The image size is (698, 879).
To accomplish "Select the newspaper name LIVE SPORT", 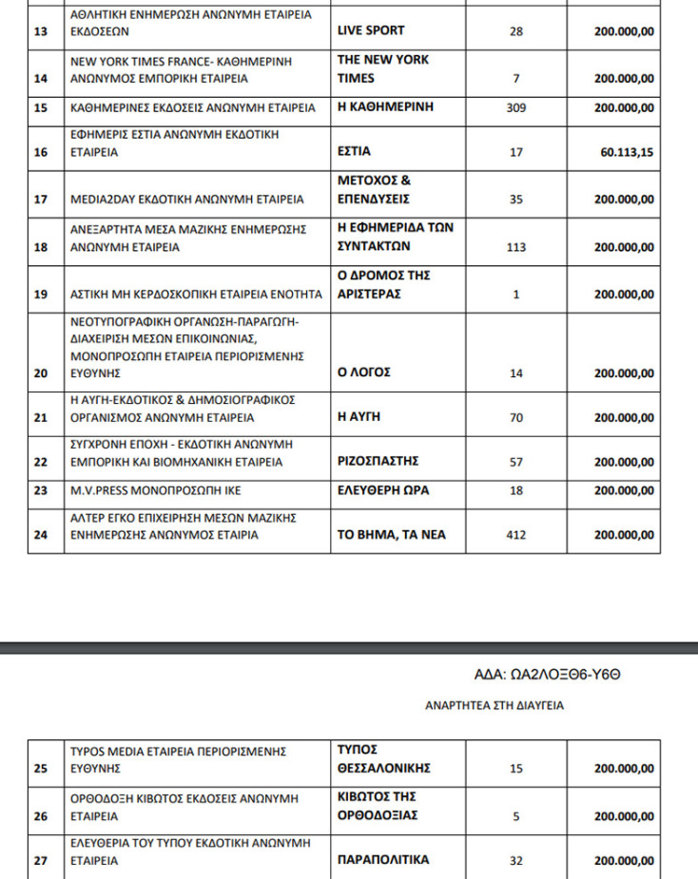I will click(371, 30).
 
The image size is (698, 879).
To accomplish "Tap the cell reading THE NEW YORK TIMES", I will click(383, 68).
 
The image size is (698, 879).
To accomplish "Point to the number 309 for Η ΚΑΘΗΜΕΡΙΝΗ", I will click(516, 107).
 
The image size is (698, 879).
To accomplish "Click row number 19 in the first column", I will click(41, 295).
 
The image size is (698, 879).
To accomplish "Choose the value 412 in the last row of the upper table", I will click(516, 535).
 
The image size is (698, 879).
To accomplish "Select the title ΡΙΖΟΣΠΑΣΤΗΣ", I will click(378, 462).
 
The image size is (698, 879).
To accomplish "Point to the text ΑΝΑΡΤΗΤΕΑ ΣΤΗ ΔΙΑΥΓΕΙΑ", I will click(494, 706).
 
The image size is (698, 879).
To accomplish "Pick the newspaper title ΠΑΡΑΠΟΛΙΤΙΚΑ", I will click(383, 860).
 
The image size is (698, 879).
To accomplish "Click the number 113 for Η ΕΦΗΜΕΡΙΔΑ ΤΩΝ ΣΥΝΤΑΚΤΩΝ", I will click(516, 247).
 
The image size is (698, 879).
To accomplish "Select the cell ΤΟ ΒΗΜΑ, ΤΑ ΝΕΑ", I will click(392, 535).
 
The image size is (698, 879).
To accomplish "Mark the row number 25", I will click(41, 769).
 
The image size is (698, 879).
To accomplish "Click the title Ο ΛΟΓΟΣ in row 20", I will click(364, 373).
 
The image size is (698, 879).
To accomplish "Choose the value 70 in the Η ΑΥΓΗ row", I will click(516, 417).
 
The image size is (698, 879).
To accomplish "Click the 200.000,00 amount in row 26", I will click(624, 815).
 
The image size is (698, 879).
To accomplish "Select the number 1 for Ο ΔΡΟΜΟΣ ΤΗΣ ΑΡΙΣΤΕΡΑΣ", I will click(516, 295).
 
